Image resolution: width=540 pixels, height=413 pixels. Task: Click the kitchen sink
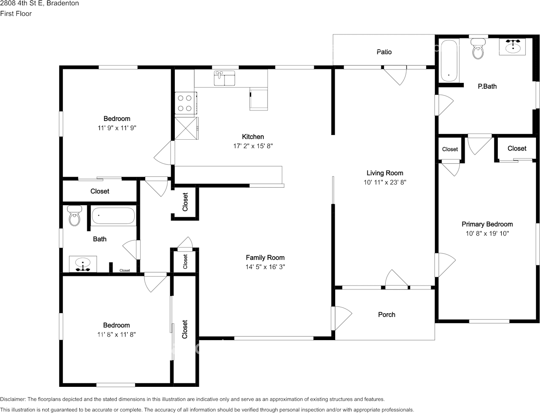point(224,78)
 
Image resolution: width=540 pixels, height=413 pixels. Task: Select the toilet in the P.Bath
point(478,48)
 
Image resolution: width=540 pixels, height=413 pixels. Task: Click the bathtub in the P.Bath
point(449,61)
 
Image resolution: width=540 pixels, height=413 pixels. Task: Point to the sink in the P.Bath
point(513,47)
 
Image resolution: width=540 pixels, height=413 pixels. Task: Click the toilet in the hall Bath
point(74,216)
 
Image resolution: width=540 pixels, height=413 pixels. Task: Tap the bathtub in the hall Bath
point(113,216)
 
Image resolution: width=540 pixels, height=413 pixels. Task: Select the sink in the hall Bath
point(83,264)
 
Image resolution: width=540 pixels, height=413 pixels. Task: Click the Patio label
point(384,52)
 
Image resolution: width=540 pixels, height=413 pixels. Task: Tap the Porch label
point(387,315)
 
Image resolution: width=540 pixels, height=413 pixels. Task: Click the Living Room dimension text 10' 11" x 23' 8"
point(385,182)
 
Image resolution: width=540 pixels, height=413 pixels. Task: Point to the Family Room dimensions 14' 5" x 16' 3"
point(265,267)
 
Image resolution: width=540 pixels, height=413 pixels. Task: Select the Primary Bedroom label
point(487,224)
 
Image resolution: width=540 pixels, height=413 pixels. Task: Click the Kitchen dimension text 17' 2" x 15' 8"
point(253,146)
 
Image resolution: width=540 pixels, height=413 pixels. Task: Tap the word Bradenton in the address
point(62,3)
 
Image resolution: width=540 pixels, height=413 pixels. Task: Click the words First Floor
point(16,14)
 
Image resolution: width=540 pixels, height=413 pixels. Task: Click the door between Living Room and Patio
point(395,75)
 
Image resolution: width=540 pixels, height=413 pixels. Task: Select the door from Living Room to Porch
point(396,279)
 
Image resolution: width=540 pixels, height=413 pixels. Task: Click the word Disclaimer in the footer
point(13,399)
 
